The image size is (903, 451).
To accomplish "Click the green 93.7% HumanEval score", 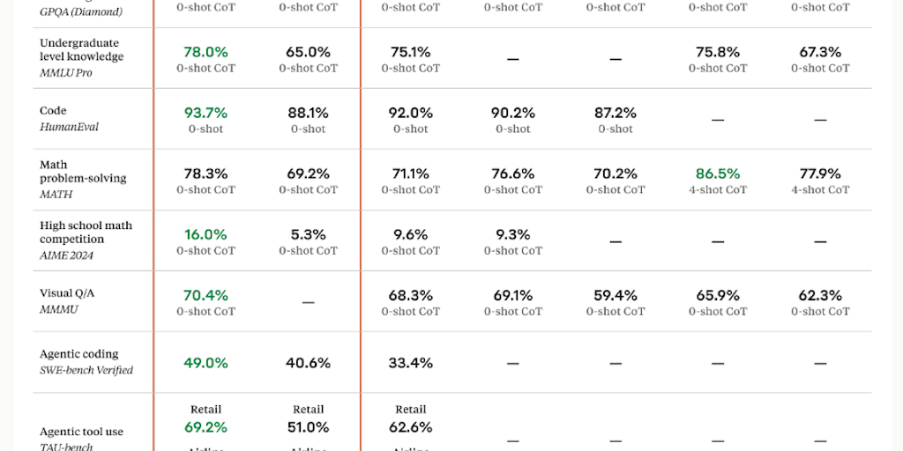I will click(x=205, y=113).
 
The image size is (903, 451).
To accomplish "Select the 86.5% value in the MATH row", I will click(x=718, y=174).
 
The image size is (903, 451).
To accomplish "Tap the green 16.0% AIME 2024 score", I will click(x=205, y=234).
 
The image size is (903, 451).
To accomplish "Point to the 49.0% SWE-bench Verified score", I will click(x=205, y=363).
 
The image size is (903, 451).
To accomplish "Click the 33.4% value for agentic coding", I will click(x=411, y=363).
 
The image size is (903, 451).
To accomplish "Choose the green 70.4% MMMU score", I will click(x=205, y=295).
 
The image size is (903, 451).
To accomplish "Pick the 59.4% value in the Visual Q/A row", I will click(x=616, y=295).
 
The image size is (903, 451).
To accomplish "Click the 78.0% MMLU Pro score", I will click(x=205, y=52).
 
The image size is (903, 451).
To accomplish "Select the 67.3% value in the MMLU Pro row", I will click(x=820, y=52).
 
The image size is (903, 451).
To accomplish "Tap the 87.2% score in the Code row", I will click(x=616, y=113).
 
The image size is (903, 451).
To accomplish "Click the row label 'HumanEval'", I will click(x=69, y=127).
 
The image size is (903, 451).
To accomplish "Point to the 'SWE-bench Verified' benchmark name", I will click(x=86, y=370).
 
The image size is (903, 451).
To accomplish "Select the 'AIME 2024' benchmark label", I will click(x=66, y=255).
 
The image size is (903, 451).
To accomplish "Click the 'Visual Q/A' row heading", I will click(x=67, y=293).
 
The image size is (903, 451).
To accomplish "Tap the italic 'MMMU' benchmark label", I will click(x=58, y=308).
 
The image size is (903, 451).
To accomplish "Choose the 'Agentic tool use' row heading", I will click(x=81, y=432).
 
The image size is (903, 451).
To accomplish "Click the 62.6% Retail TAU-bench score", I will click(x=411, y=427).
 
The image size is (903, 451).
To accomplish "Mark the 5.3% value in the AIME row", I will click(x=309, y=234).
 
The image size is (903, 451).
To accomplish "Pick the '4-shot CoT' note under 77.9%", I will click(x=820, y=189).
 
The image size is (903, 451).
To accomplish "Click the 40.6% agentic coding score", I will click(x=309, y=363).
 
